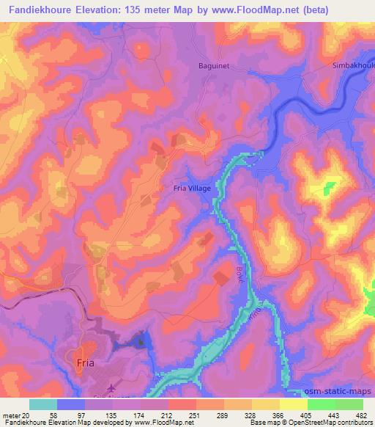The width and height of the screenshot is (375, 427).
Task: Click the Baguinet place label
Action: pyautogui.click(x=213, y=65)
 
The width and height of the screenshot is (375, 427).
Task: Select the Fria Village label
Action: pyautogui.click(x=192, y=189)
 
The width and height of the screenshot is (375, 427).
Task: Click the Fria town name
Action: pyautogui.click(x=85, y=362)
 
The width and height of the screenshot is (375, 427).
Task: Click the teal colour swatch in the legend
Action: pyautogui.click(x=43, y=404)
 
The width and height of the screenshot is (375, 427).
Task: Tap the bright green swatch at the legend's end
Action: pyautogui.click(x=349, y=404)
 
